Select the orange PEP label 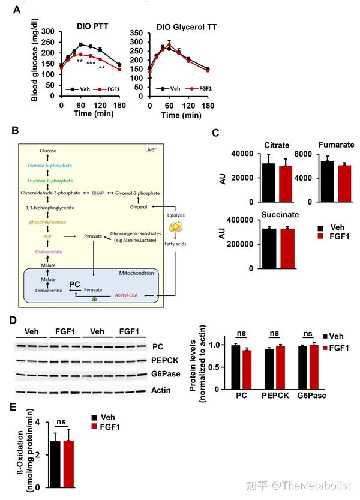(50, 237)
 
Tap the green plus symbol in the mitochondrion (94, 299)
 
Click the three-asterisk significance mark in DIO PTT (91, 63)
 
